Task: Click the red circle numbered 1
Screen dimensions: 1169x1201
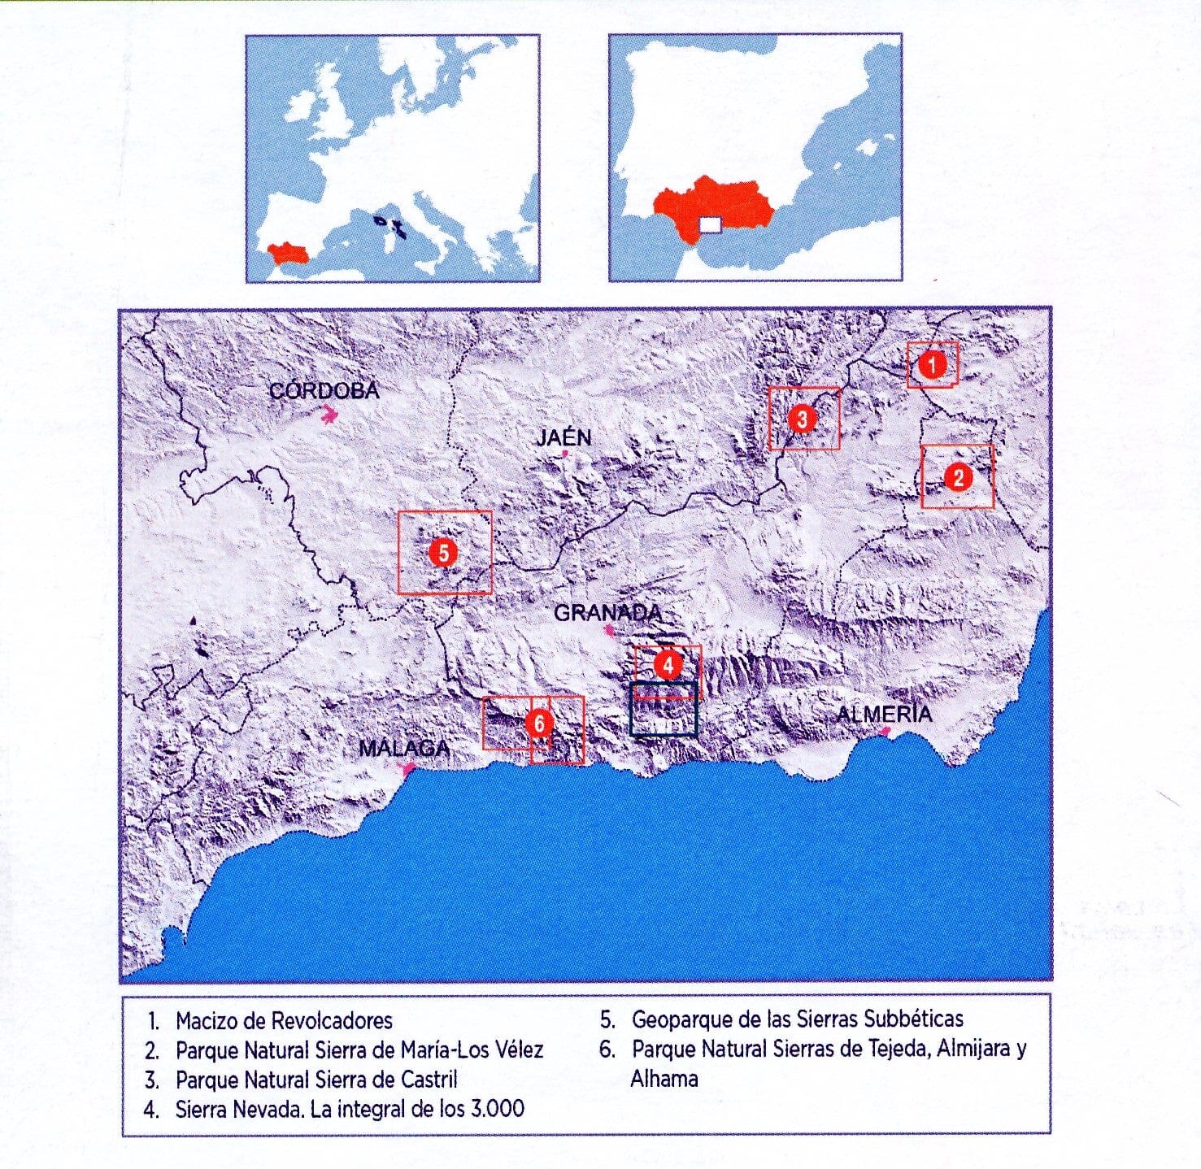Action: pyautogui.click(x=933, y=364)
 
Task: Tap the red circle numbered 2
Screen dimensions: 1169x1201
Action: pyautogui.click(x=958, y=477)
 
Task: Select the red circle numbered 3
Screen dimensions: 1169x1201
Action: pyautogui.click(x=802, y=419)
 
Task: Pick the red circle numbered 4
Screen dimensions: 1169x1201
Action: pyautogui.click(x=668, y=666)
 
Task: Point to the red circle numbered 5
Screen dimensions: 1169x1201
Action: pyautogui.click(x=443, y=554)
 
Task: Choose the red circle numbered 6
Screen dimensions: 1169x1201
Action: pyautogui.click(x=539, y=723)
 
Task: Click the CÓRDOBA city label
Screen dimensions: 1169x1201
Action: pyautogui.click(x=324, y=391)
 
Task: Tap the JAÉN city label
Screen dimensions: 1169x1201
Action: pyautogui.click(x=564, y=438)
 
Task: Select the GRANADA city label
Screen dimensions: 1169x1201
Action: pyautogui.click(x=607, y=612)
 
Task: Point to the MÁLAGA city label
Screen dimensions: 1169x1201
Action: pyautogui.click(x=403, y=749)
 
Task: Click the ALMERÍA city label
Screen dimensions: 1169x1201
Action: pyautogui.click(x=884, y=714)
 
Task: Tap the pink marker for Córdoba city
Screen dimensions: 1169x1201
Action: pyautogui.click(x=329, y=417)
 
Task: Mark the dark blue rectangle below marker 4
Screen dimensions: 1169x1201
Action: pyautogui.click(x=664, y=710)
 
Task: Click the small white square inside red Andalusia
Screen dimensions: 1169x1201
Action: pyautogui.click(x=710, y=225)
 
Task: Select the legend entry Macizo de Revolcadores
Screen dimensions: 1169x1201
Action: pyautogui.click(x=284, y=1020)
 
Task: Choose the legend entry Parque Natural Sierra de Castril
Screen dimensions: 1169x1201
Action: pyautogui.click(x=316, y=1080)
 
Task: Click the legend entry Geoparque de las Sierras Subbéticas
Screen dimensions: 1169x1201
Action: pyautogui.click(x=797, y=1019)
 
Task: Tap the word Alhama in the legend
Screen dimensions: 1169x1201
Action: pyautogui.click(x=664, y=1079)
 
